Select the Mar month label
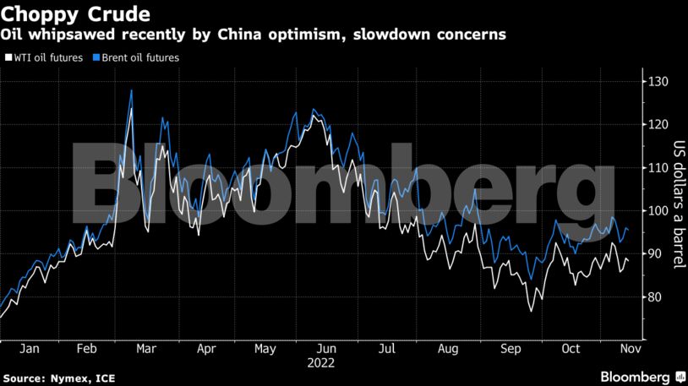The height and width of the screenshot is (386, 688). coord(145,348)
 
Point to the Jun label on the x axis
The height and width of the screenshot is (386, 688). coord(327,348)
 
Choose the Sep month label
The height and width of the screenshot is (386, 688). coord(510,348)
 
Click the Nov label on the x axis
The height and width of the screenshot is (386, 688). coord(629,348)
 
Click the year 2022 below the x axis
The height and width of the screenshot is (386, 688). coord(321,363)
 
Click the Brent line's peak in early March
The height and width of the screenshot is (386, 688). coord(131,90)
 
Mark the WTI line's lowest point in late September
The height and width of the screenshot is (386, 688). coord(532,312)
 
